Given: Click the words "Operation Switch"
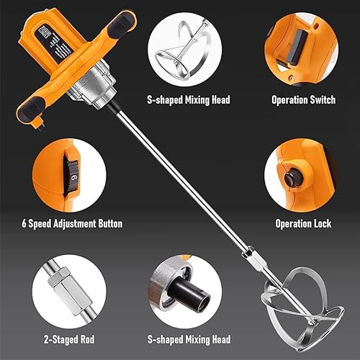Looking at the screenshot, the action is point(303,99).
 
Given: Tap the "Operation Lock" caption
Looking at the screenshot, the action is point(303,224).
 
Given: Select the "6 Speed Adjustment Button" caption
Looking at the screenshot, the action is point(72,224).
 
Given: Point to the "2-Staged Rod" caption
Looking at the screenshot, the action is point(69,340).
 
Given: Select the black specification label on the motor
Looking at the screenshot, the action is point(55,45).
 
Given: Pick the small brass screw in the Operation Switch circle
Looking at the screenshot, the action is point(292,77).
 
